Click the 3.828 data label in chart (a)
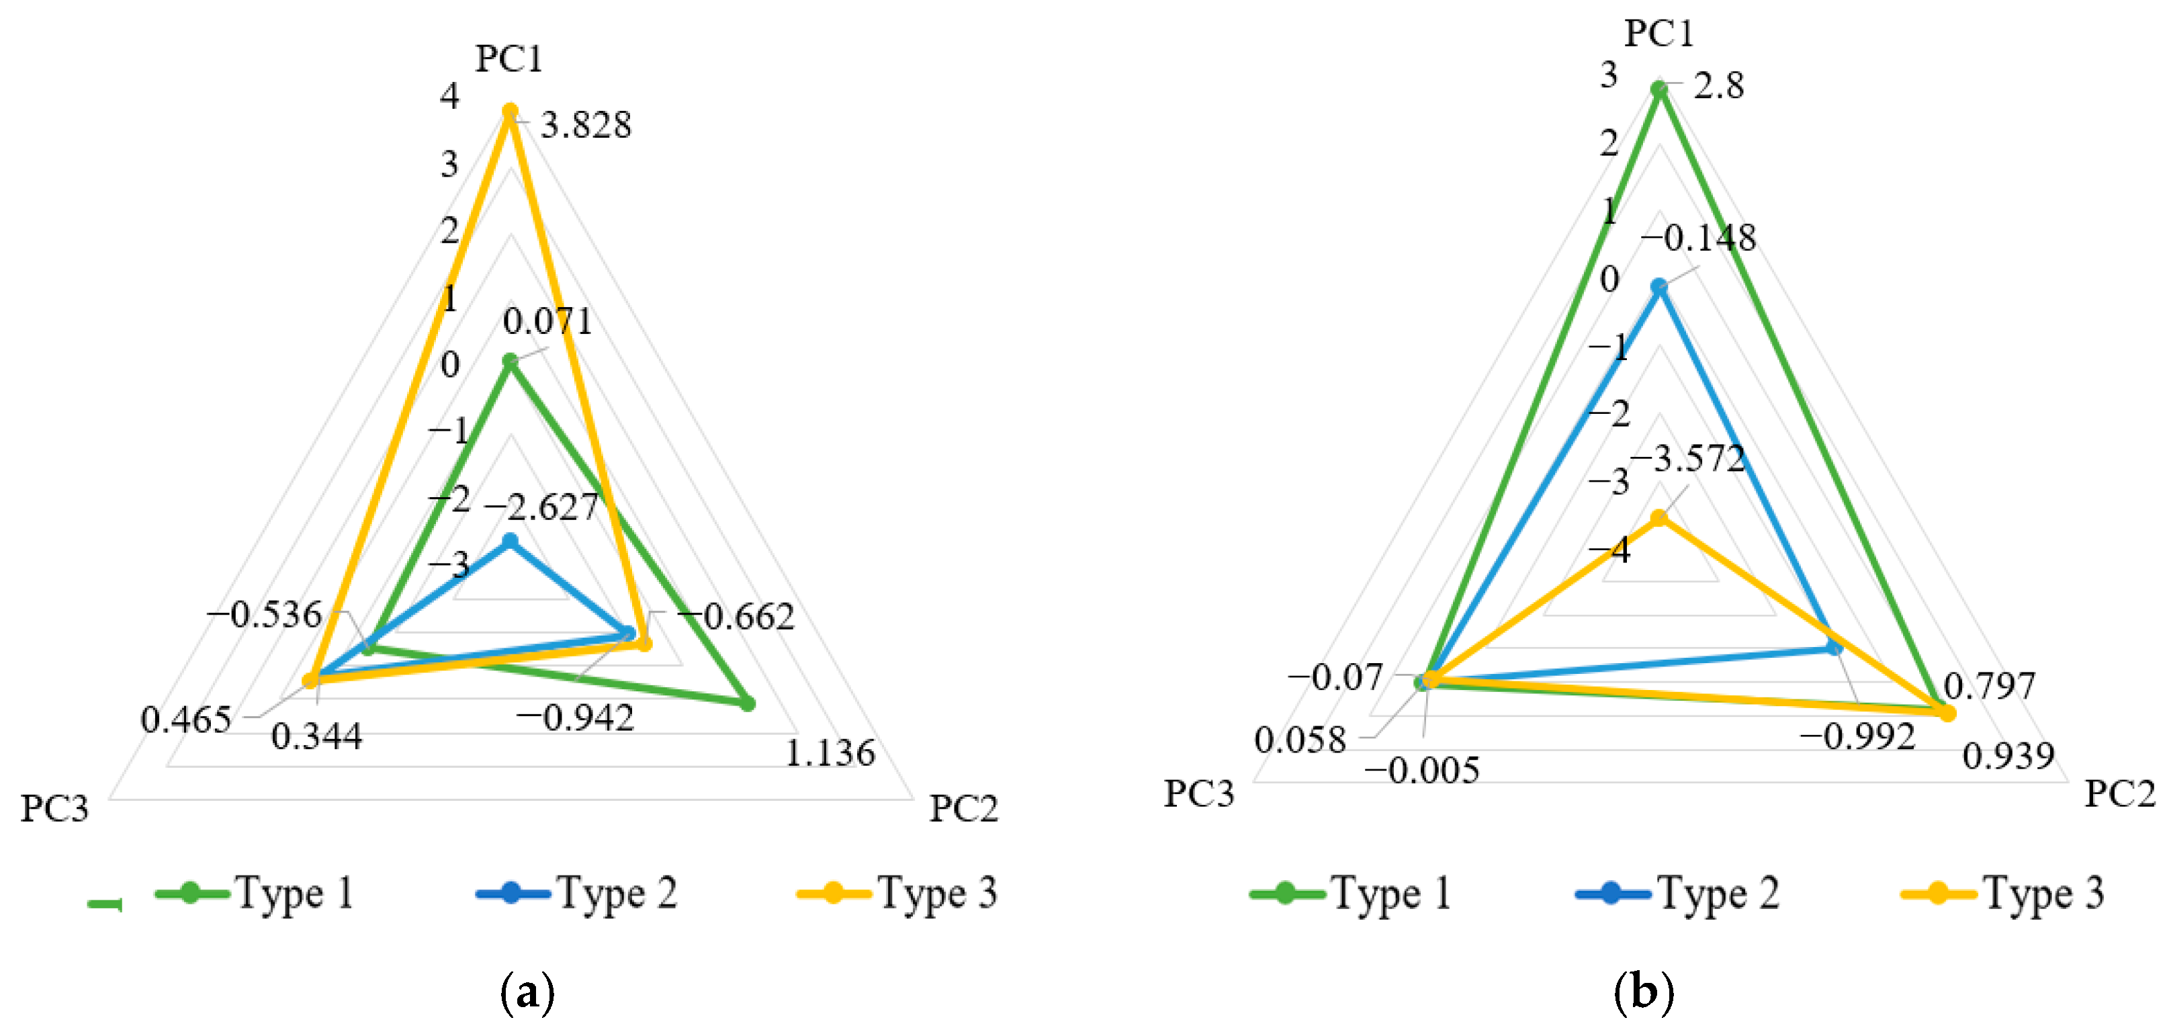pos(586,126)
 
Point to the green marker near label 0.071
pos(509,361)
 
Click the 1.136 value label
pos(830,752)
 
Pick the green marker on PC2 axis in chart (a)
pos(747,703)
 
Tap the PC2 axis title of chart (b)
pos(2119,793)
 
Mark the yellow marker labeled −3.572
pos(1658,518)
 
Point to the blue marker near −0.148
pos(1658,287)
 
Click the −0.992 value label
pos(1857,737)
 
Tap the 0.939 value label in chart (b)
pos(2008,756)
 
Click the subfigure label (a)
pos(527,992)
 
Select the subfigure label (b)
pos(1644,992)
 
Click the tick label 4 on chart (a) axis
pos(449,95)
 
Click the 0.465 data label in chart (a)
pos(185,720)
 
